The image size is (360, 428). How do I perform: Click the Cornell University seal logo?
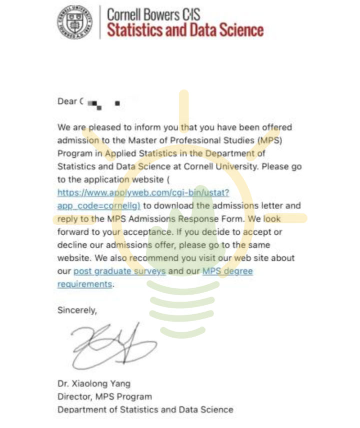click(x=74, y=21)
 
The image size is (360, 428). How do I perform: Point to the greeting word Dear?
click(x=67, y=101)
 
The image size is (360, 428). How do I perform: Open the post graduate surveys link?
click(x=119, y=271)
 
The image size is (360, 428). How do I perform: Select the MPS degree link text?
click(x=227, y=271)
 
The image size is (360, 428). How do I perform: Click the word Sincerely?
click(x=77, y=310)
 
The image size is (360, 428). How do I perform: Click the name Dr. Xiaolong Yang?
click(x=93, y=384)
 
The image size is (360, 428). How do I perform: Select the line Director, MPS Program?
click(x=104, y=397)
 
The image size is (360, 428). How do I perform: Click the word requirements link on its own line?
click(x=84, y=284)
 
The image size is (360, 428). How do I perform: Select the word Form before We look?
click(x=233, y=219)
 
